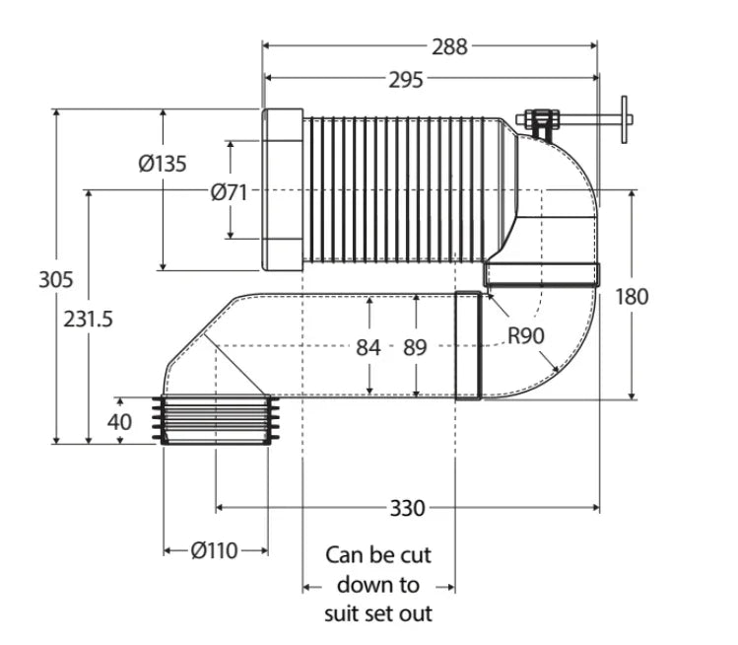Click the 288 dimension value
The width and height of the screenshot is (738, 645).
[x=449, y=46]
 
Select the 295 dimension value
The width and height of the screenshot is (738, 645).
[x=406, y=80]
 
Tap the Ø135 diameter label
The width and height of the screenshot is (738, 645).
[x=163, y=164]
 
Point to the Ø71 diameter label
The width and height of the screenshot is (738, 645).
[x=229, y=192]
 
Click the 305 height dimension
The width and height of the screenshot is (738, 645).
[x=56, y=279]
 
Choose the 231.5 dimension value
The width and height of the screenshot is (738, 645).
[x=88, y=319]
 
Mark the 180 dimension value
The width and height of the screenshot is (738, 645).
[x=632, y=297]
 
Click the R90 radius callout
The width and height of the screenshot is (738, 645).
[x=526, y=336]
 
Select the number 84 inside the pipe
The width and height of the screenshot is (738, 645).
[x=369, y=348]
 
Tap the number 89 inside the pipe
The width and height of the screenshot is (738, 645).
[x=415, y=348]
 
